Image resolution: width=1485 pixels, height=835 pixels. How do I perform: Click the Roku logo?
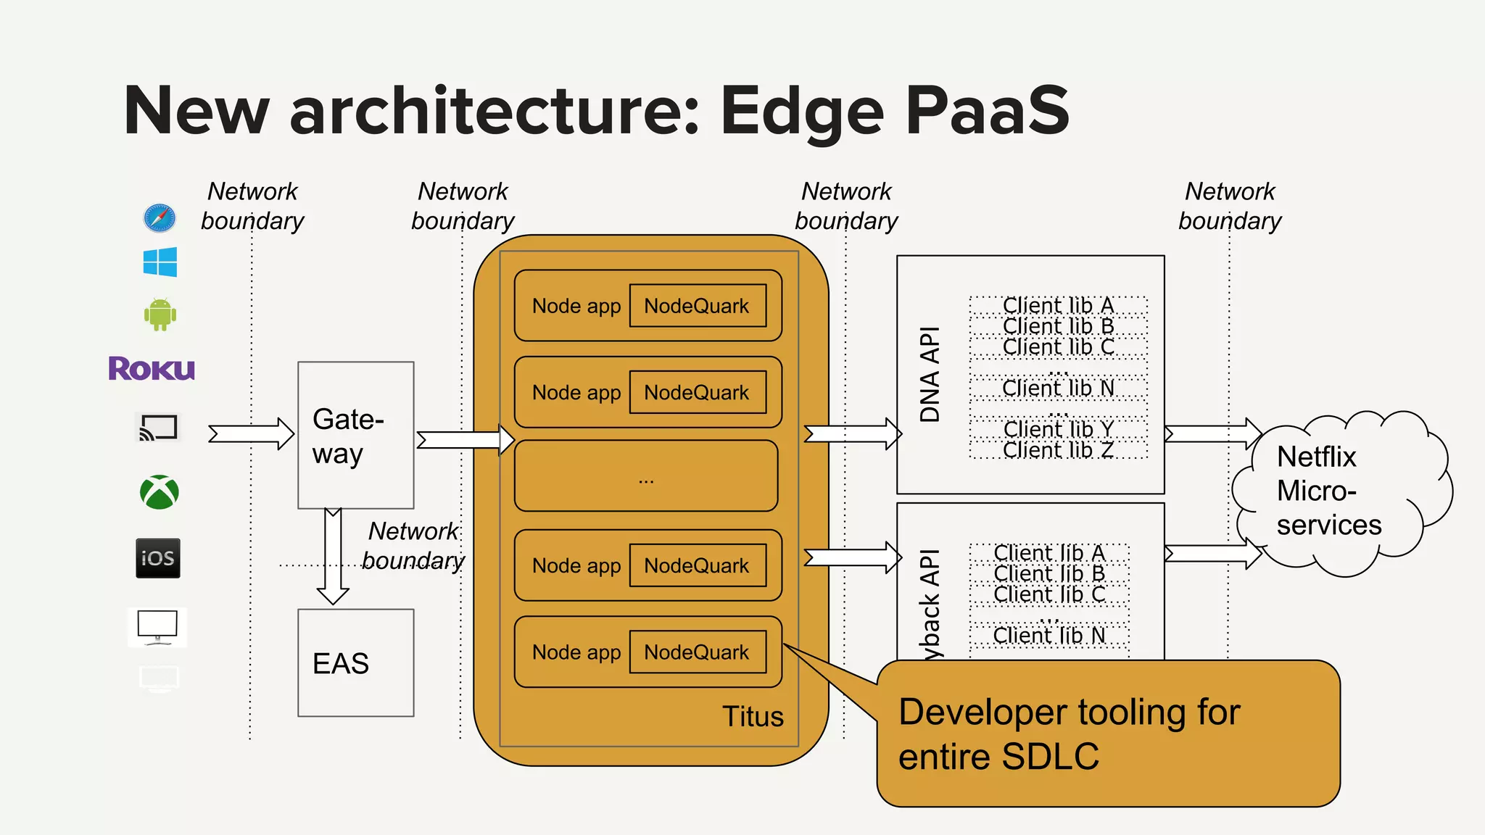pyautogui.click(x=152, y=368)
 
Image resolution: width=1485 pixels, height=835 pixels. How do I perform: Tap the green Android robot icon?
pyautogui.click(x=160, y=315)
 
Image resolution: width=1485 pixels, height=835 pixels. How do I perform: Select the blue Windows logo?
pyautogui.click(x=160, y=262)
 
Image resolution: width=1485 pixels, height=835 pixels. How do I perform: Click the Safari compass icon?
pyautogui.click(x=160, y=217)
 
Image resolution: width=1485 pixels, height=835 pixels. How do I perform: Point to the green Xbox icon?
pyautogui.click(x=160, y=492)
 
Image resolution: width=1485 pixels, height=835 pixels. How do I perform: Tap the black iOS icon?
pyautogui.click(x=158, y=558)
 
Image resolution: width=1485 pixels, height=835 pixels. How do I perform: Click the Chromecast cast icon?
pyautogui.click(x=158, y=428)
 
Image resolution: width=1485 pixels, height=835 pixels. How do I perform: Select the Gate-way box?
pyautogui.click(x=355, y=435)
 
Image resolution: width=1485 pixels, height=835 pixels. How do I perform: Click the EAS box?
pyautogui.click(x=355, y=662)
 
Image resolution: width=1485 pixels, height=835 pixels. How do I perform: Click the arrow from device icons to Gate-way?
pyautogui.click(x=250, y=433)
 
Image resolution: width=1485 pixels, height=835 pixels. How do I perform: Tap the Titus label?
pyautogui.click(x=753, y=716)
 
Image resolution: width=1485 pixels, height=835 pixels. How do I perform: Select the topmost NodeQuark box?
pyautogui.click(x=697, y=306)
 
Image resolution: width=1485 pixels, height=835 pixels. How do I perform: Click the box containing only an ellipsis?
pyautogui.click(x=646, y=476)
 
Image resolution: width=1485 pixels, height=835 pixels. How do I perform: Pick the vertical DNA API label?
pyautogui.click(x=930, y=374)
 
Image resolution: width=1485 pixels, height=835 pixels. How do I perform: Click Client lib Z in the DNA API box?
pyautogui.click(x=1058, y=450)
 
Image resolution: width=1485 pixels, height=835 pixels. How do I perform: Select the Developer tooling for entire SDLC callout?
pyautogui.click(x=1108, y=734)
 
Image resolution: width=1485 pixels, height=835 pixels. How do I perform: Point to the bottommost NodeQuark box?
pyautogui.click(x=697, y=652)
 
